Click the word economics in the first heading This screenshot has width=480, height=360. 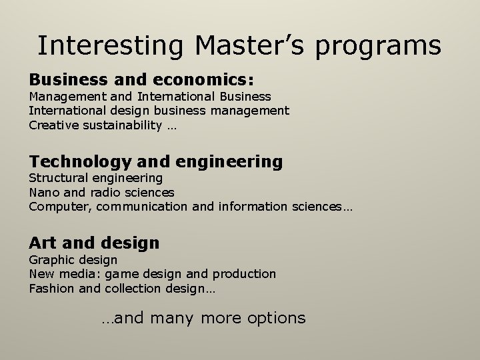click(201, 80)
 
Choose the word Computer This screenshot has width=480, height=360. click(59, 207)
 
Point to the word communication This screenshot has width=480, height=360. click(143, 206)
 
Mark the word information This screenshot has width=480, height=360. click(249, 206)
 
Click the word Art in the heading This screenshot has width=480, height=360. click(43, 243)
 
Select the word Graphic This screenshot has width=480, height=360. click(51, 260)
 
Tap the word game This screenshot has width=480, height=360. click(119, 274)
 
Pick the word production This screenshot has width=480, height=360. click(244, 273)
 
